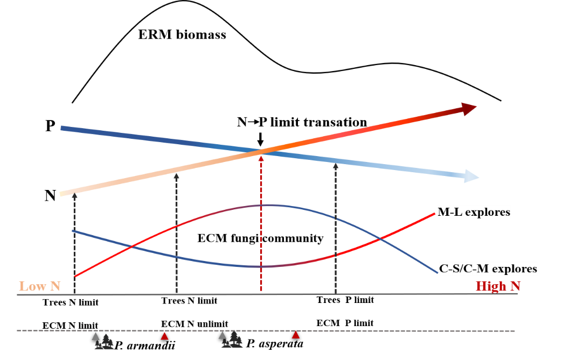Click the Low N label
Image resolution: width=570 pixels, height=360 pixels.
click(x=39, y=286)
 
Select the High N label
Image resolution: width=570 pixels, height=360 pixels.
click(x=498, y=286)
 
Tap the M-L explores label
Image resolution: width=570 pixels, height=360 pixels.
click(x=474, y=212)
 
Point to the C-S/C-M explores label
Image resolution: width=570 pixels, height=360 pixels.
click(x=488, y=268)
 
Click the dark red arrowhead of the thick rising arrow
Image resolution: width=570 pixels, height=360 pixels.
click(x=469, y=109)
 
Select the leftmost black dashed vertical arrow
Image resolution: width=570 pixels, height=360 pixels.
click(x=74, y=242)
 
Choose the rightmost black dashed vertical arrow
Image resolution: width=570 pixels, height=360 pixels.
click(x=336, y=226)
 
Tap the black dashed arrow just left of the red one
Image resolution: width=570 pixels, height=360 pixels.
click(x=176, y=231)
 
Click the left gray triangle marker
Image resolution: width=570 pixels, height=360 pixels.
click(x=95, y=336)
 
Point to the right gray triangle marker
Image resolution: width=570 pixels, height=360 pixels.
click(x=222, y=335)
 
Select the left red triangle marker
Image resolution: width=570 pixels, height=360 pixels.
click(x=164, y=336)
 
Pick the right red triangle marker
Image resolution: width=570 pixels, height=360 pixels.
click(x=295, y=335)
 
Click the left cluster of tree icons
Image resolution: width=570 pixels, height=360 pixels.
click(x=106, y=342)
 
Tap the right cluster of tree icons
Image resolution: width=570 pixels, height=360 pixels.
click(x=233, y=340)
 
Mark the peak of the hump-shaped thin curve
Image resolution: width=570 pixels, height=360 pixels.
click(x=267, y=204)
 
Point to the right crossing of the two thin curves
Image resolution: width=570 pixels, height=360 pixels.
click(x=381, y=237)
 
